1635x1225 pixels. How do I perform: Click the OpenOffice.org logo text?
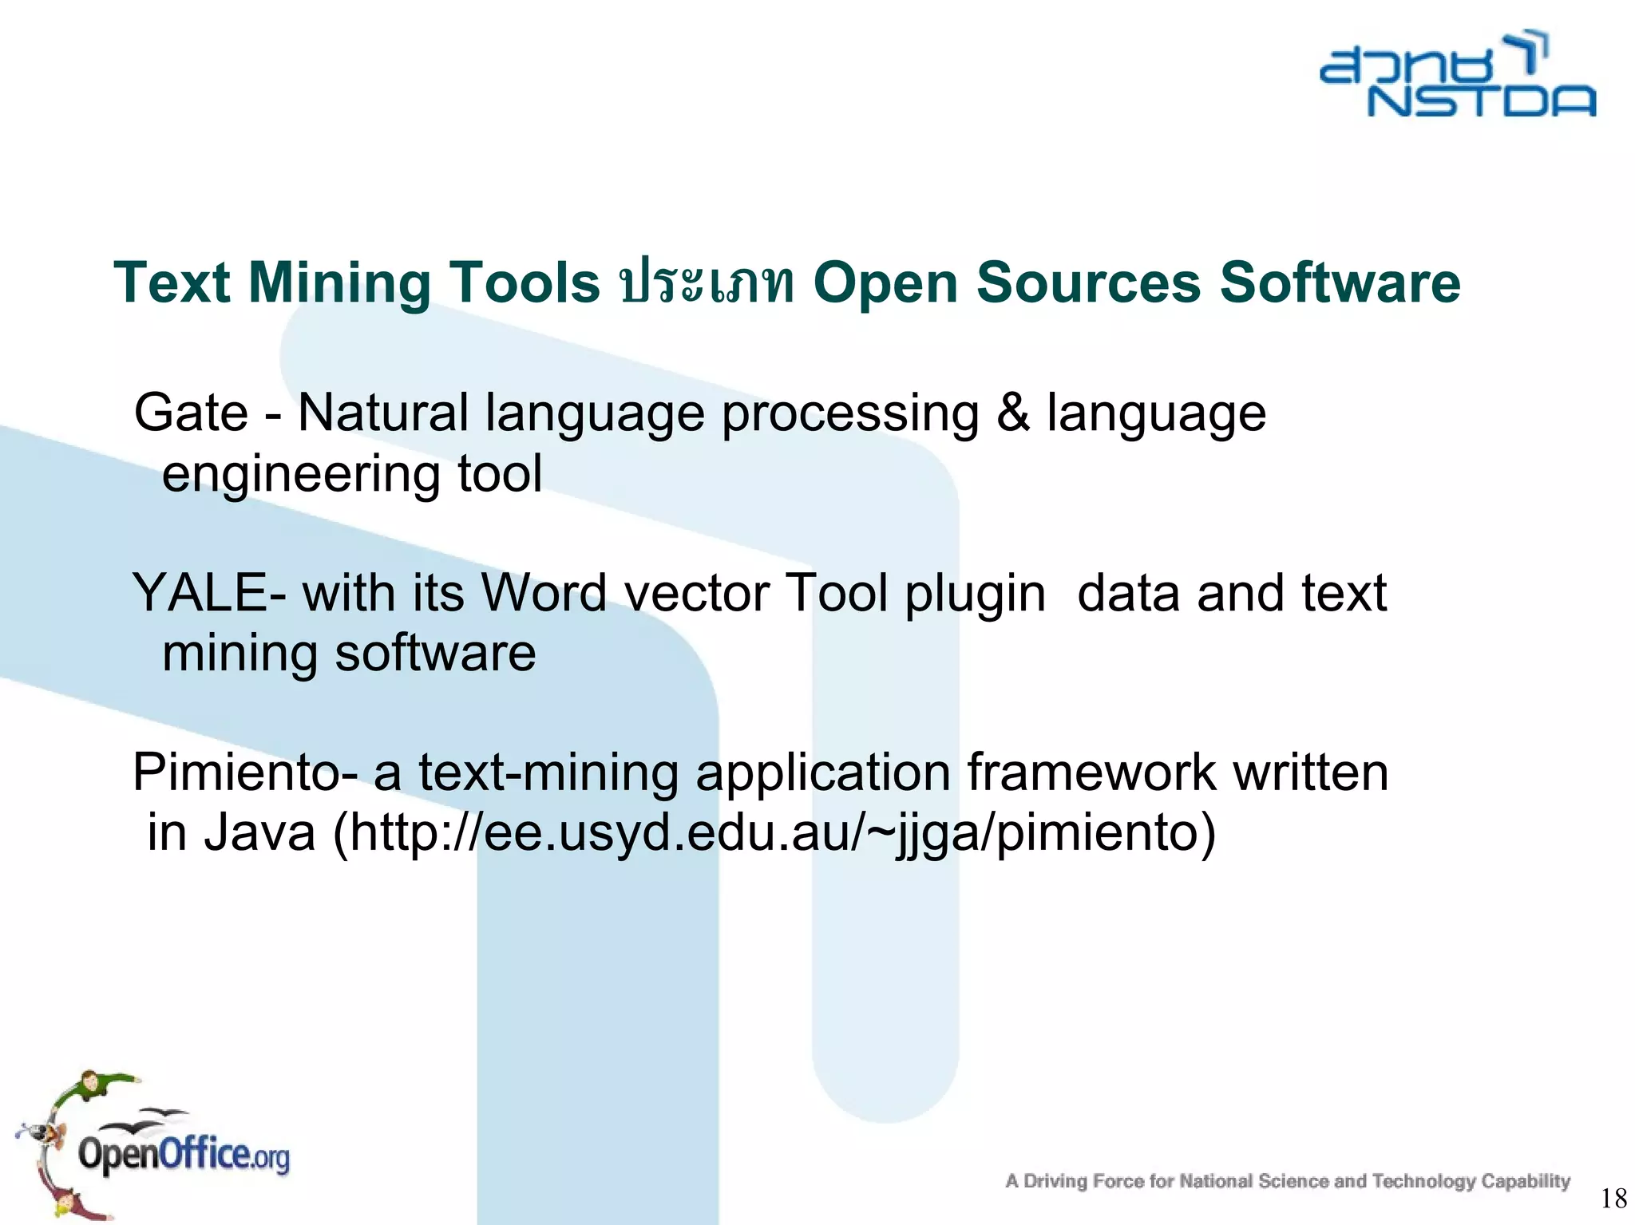184,1156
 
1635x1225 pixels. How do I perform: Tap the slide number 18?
1613,1198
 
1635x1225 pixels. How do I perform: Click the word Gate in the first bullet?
191,413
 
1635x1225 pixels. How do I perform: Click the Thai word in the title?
706,283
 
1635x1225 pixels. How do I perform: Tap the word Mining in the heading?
338,283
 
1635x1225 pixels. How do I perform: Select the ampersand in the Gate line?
1012,413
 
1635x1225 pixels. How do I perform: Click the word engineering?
300,475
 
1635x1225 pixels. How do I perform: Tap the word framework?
1091,773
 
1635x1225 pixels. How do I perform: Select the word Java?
259,833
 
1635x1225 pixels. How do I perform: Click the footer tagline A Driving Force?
1287,1181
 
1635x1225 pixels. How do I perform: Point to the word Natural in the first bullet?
382,413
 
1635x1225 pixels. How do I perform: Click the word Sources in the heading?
1088,283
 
